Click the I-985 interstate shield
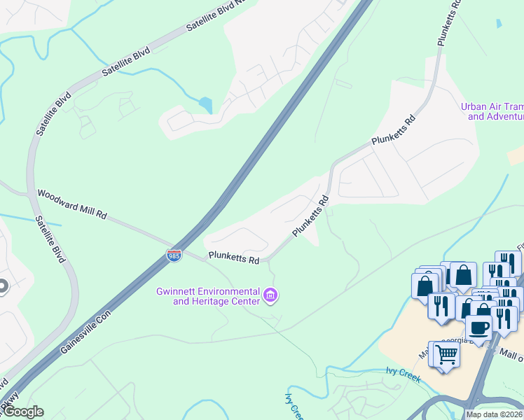click(174, 255)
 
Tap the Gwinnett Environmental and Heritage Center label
click(207, 296)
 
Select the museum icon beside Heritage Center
click(270, 296)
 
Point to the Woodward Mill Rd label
click(71, 204)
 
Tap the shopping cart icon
click(446, 354)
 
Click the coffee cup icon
click(479, 328)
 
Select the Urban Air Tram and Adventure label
click(492, 112)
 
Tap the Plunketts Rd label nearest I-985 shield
click(233, 258)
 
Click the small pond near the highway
click(205, 105)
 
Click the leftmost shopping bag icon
click(425, 286)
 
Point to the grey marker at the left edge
click(2, 286)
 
